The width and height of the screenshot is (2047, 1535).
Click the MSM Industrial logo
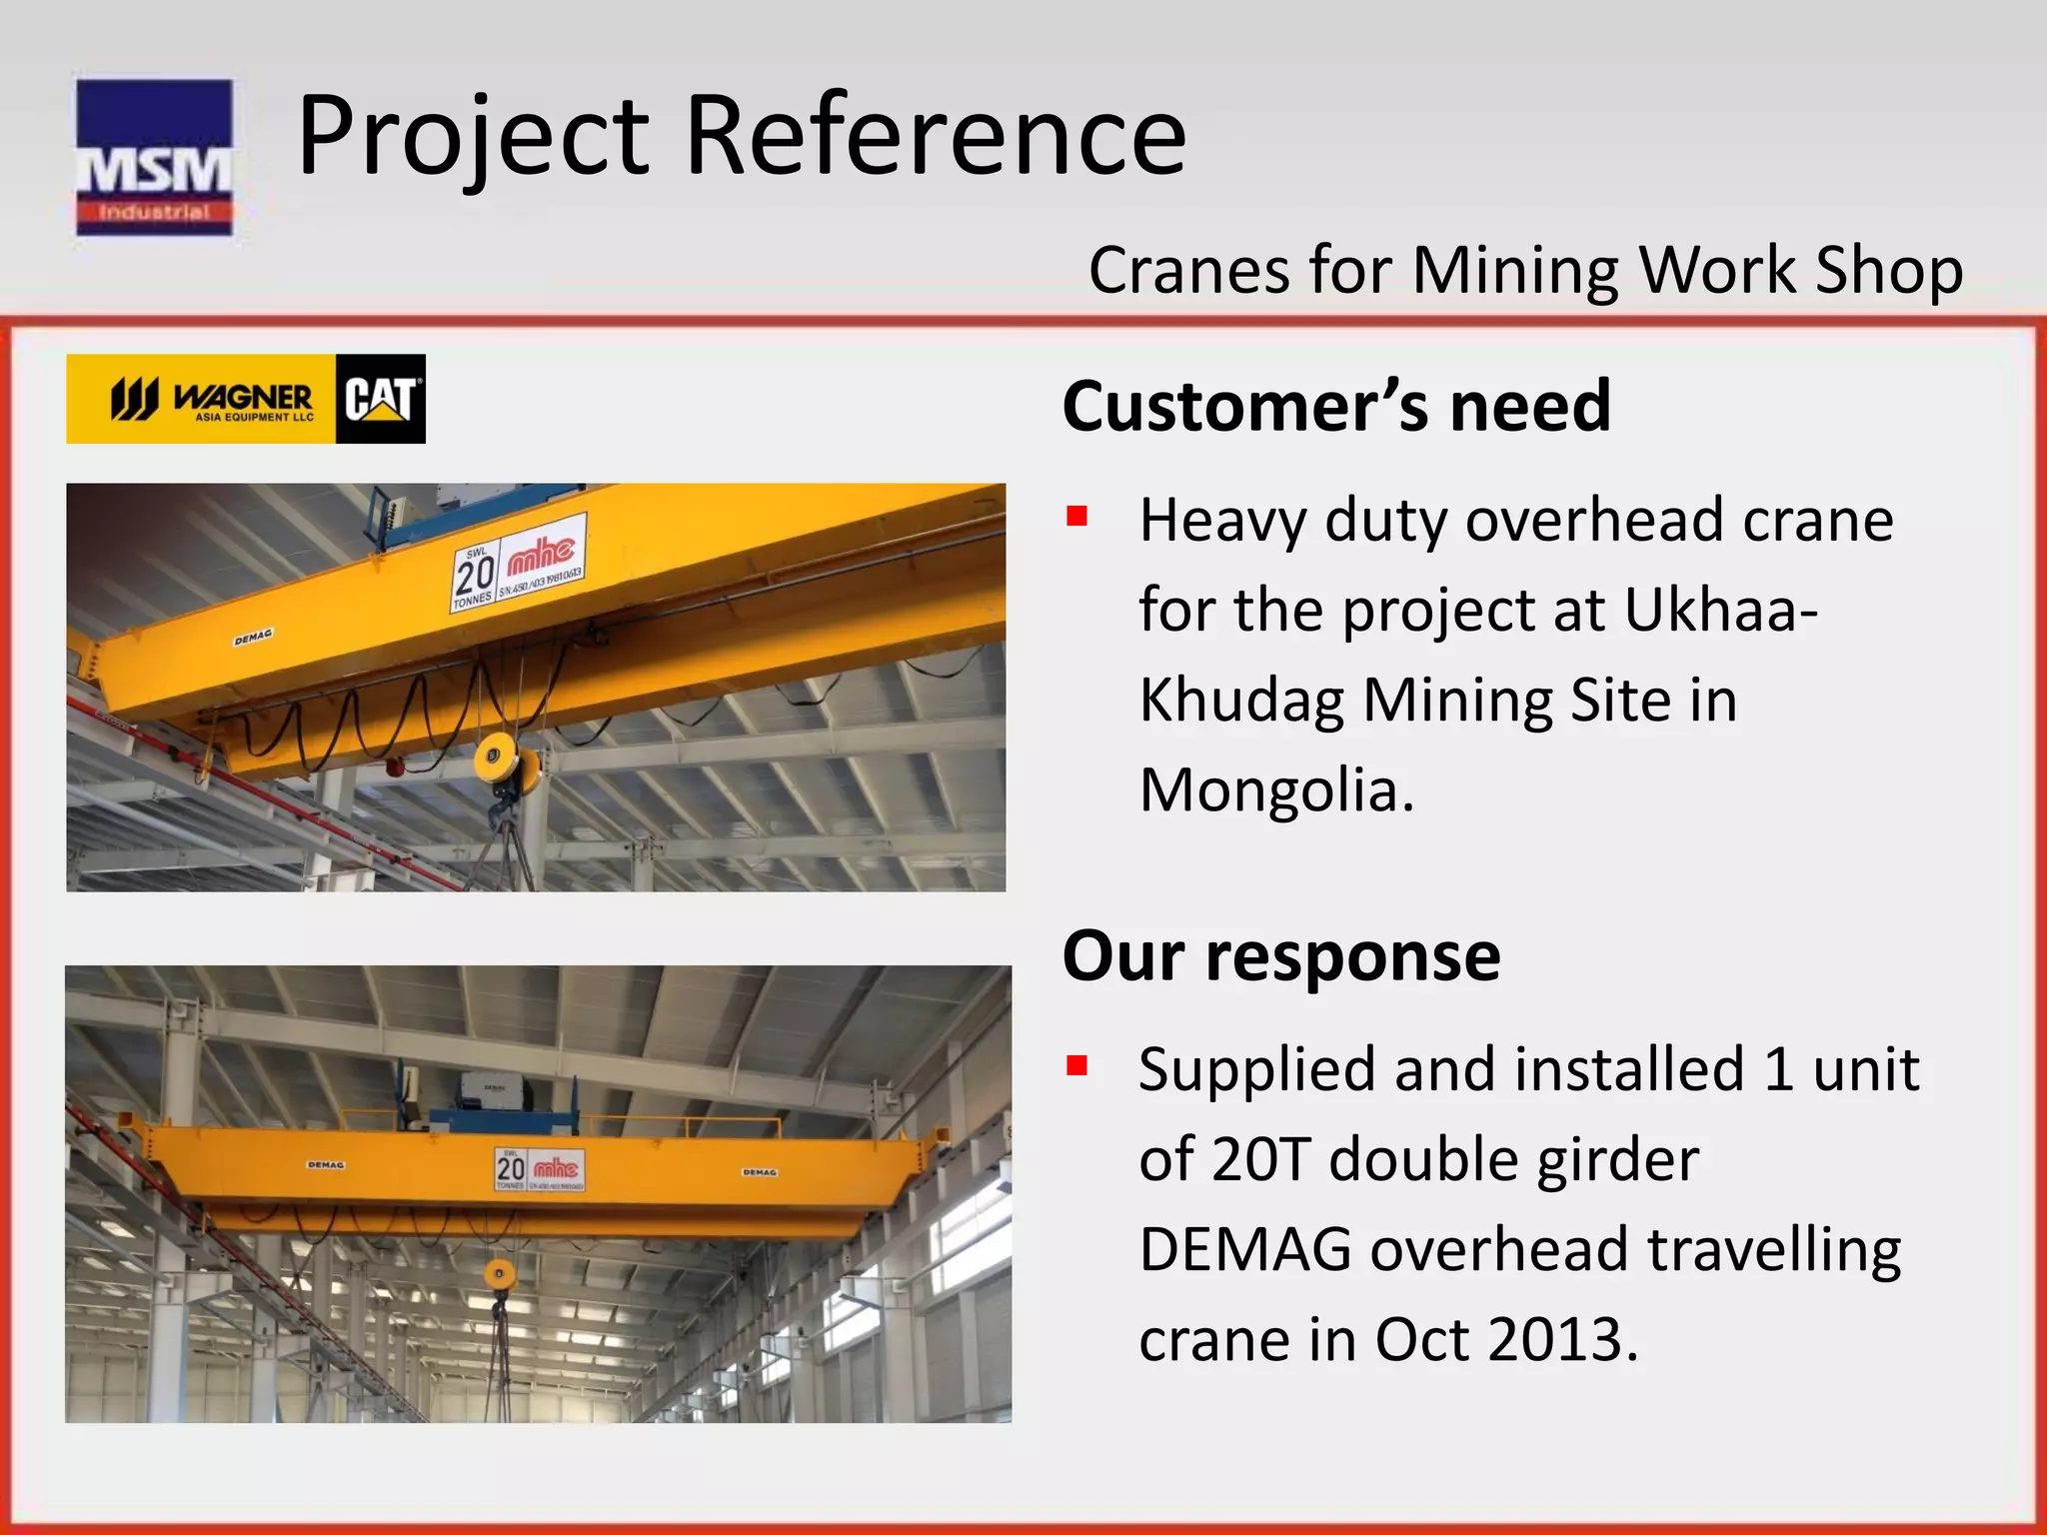[154, 157]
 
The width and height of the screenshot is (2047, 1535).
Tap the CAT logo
[380, 399]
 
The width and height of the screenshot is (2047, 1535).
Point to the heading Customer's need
[1335, 407]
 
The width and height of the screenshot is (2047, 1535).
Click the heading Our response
[1280, 956]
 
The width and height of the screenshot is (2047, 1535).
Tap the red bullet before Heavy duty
[1076, 517]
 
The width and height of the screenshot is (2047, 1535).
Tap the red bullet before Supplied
[1076, 1065]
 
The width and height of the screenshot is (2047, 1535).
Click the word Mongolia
[1276, 790]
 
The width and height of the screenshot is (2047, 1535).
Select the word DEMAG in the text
[1244, 1249]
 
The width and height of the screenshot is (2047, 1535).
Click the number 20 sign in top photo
[475, 575]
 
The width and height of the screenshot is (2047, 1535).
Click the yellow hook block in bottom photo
[500, 1274]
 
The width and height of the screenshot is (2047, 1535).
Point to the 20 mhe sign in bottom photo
[540, 1168]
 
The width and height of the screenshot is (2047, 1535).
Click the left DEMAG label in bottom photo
[326, 1165]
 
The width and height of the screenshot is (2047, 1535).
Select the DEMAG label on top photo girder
[253, 637]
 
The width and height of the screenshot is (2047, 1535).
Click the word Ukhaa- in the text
[1719, 610]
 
